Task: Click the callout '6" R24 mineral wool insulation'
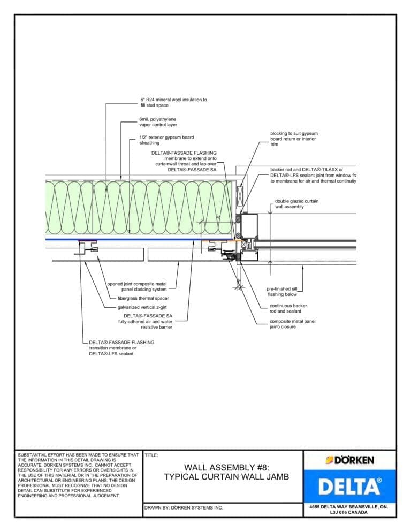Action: pos(173,103)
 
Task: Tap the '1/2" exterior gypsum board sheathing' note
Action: pos(166,140)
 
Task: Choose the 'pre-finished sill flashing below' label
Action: pos(281,292)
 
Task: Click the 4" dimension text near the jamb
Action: pos(218,217)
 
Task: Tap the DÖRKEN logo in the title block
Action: pos(350,460)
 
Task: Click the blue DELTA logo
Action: pos(350,486)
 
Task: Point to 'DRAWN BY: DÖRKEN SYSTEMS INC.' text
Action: pos(184,507)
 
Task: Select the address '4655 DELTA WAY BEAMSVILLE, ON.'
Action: pos(349,506)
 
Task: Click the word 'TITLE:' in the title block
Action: pos(151,455)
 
